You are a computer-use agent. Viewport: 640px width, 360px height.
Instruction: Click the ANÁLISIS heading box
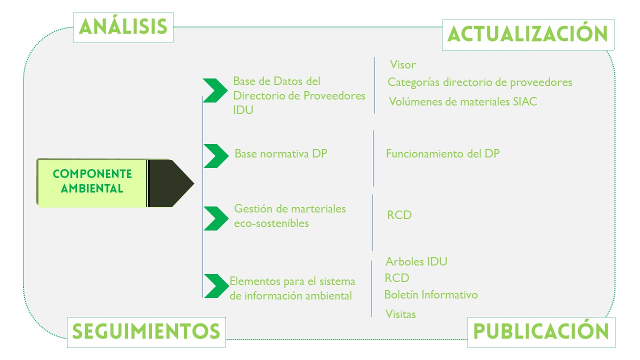click(123, 27)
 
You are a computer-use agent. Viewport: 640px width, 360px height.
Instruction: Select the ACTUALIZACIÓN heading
click(528, 35)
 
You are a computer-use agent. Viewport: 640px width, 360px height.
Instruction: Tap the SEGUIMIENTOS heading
click(146, 332)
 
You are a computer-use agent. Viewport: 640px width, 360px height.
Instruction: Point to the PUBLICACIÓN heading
click(541, 332)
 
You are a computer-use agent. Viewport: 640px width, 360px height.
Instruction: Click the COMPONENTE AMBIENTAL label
click(92, 181)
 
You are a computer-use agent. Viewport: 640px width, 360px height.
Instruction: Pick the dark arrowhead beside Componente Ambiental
click(171, 183)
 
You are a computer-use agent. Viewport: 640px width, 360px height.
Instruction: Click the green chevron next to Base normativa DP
click(216, 156)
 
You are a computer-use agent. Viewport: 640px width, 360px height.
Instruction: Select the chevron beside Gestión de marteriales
click(216, 218)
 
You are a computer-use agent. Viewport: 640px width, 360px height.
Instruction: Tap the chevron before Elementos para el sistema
click(216, 286)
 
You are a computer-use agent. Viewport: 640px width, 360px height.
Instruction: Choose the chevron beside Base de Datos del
click(215, 90)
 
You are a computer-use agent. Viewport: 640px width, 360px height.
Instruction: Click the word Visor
click(402, 65)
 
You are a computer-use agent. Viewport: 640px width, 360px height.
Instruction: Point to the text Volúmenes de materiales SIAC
click(463, 101)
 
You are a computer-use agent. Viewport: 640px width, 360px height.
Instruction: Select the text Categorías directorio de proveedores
click(479, 82)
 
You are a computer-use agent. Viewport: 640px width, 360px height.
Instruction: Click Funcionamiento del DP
click(443, 153)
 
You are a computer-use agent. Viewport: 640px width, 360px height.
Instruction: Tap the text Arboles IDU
click(416, 261)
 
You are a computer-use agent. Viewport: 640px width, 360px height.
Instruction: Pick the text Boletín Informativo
click(431, 294)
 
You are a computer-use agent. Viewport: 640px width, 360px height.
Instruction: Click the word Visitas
click(400, 314)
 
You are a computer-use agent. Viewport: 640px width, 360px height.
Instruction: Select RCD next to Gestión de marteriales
click(399, 215)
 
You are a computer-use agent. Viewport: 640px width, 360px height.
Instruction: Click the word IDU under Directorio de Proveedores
click(243, 110)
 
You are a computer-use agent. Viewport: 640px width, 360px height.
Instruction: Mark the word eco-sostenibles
click(271, 223)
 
